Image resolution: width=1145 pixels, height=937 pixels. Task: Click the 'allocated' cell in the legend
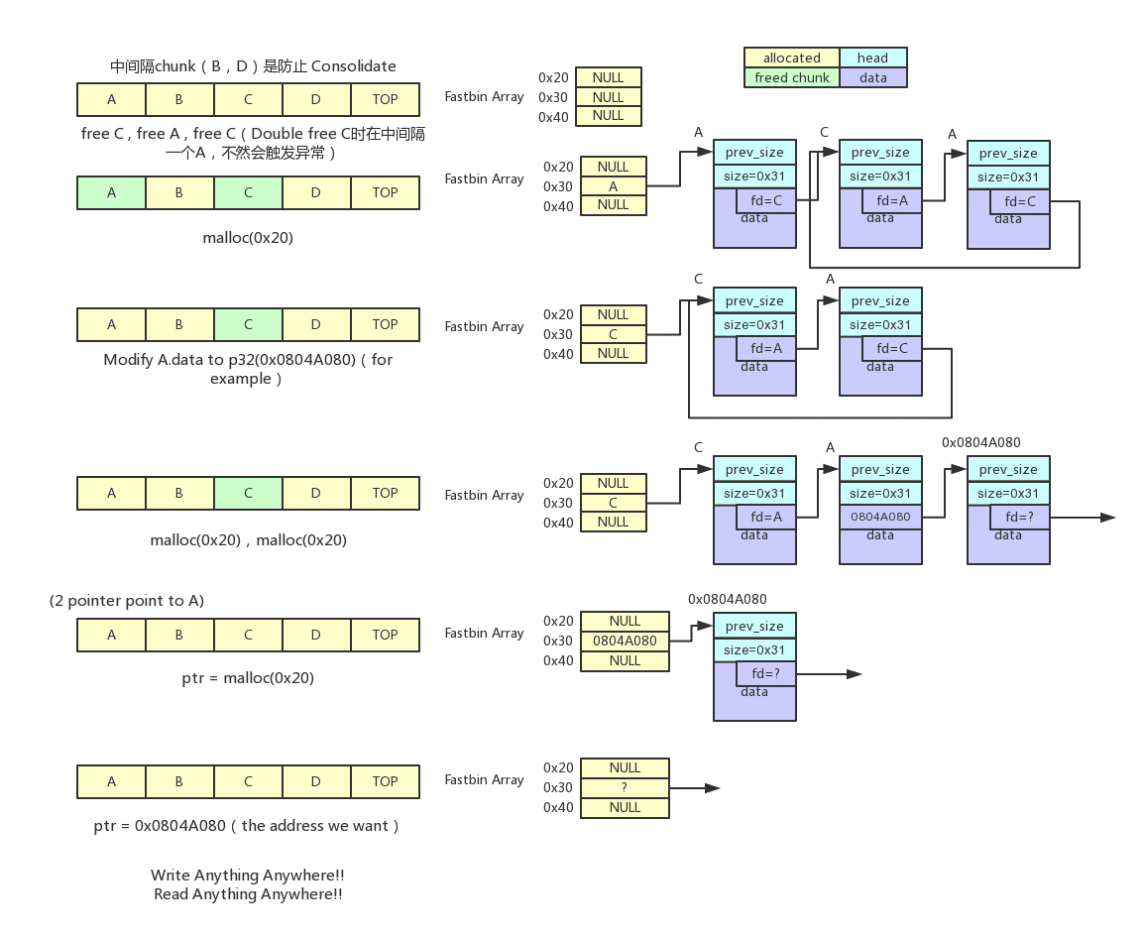tap(791, 59)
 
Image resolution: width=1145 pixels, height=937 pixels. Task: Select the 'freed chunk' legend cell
tap(791, 77)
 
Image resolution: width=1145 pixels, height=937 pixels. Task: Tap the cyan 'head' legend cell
tap(872, 59)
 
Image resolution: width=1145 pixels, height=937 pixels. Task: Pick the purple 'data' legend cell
tap(872, 77)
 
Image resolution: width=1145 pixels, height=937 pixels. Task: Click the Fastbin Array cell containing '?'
tap(625, 787)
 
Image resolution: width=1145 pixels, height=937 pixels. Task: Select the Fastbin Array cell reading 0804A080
tap(625, 641)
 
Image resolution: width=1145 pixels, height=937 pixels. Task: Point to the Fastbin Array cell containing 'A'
tap(613, 185)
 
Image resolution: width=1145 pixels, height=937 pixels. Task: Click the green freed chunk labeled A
tap(111, 192)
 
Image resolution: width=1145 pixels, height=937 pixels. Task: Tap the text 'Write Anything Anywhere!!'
tap(248, 876)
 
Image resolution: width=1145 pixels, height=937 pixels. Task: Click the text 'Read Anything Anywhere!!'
tap(248, 894)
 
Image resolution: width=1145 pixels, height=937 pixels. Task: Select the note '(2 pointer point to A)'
tap(127, 602)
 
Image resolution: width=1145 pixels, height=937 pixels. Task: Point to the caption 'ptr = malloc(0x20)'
tap(248, 678)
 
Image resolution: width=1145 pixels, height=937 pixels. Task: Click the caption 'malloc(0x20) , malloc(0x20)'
tap(248, 540)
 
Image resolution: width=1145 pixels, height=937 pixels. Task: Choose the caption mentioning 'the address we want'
tap(248, 825)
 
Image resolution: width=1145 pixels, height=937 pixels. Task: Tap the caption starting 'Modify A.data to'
tap(248, 359)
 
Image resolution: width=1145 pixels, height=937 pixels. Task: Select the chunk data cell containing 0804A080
tap(880, 517)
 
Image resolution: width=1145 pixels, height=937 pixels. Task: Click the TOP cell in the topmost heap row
tap(385, 99)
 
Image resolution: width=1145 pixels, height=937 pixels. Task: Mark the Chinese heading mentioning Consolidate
tap(253, 66)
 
